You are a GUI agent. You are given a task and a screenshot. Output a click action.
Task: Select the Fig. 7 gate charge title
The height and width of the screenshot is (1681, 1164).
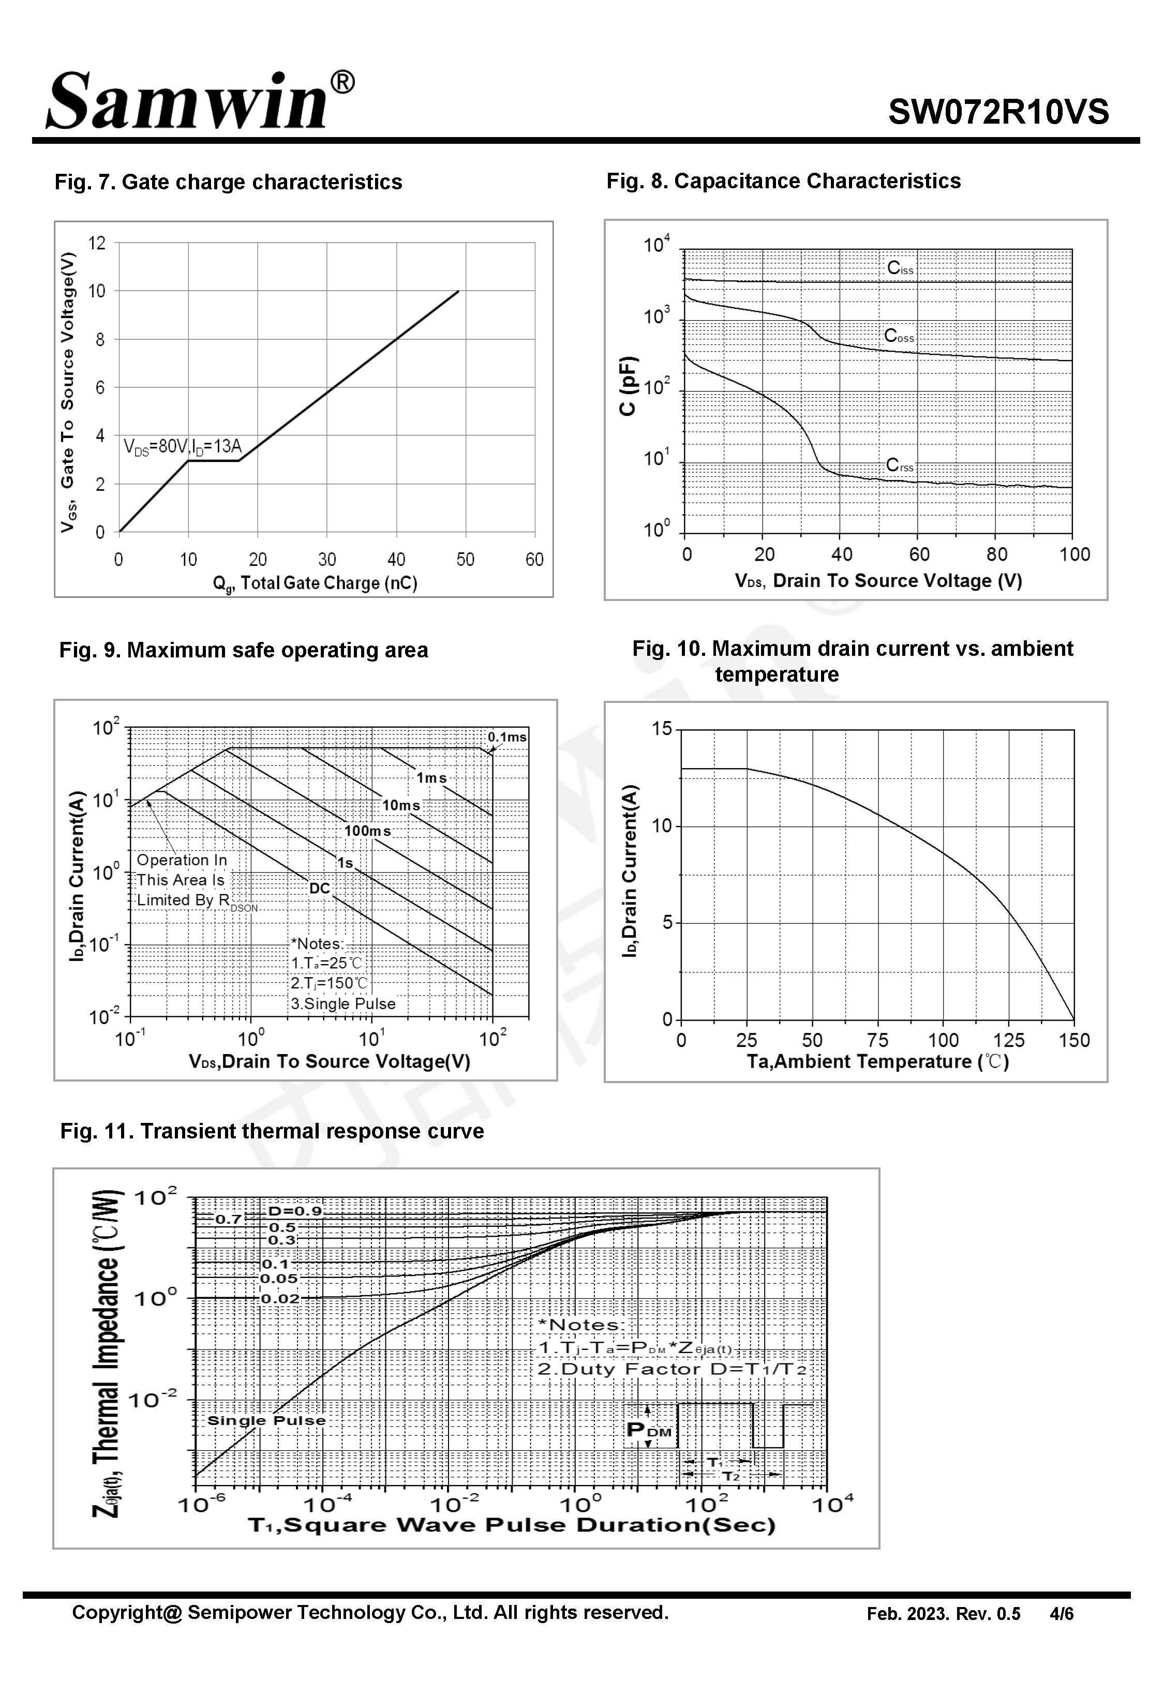[x=228, y=182]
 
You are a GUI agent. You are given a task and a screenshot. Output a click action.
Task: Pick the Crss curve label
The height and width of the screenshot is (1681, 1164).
[x=899, y=465]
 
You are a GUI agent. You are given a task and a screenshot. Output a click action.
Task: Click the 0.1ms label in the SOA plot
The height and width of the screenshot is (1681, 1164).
[x=507, y=737]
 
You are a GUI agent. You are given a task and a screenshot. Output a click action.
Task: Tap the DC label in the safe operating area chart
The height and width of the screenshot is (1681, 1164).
[x=319, y=888]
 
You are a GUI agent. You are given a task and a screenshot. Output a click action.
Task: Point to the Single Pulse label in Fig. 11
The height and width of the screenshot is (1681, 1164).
[x=266, y=1420]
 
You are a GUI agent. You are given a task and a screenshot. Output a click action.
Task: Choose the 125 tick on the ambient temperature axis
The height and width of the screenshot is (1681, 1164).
[x=1009, y=1040]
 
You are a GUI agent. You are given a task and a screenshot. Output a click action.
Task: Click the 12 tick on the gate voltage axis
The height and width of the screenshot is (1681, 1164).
[x=97, y=244]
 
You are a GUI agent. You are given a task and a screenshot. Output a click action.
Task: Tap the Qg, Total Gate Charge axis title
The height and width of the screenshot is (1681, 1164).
[x=315, y=583]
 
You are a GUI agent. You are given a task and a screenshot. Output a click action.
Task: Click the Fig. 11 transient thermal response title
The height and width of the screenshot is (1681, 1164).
[x=272, y=1131]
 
